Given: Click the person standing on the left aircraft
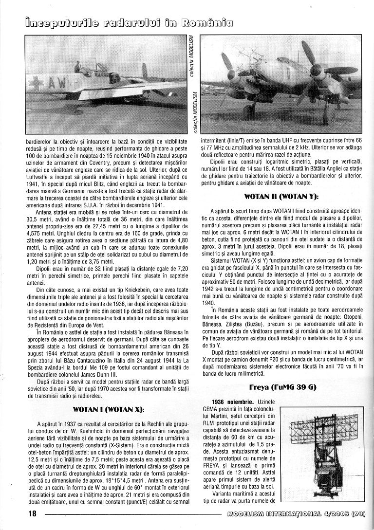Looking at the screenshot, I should click(x=77, y=67).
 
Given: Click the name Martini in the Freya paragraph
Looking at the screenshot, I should click(x=214, y=427).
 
